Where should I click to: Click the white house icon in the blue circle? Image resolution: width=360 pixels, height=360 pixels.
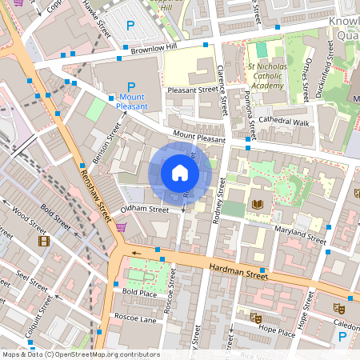pyautogui.click(x=180, y=172)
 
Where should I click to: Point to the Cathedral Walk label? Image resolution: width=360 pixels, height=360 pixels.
pyautogui.click(x=282, y=122)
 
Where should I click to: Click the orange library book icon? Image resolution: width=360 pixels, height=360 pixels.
pyautogui.click(x=258, y=206)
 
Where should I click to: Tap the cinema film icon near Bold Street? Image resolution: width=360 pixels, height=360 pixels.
pyautogui.click(x=42, y=240)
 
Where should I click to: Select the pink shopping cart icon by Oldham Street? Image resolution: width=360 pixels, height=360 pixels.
pyautogui.click(x=120, y=227)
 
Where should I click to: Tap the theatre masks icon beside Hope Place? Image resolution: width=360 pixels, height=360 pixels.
pyautogui.click(x=256, y=318)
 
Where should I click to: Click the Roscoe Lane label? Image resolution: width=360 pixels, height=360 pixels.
pyautogui.click(x=134, y=318)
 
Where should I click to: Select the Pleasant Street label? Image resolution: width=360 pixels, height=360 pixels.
pyautogui.click(x=192, y=90)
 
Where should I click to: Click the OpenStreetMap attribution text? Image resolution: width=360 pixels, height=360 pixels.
pyautogui.click(x=80, y=354)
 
